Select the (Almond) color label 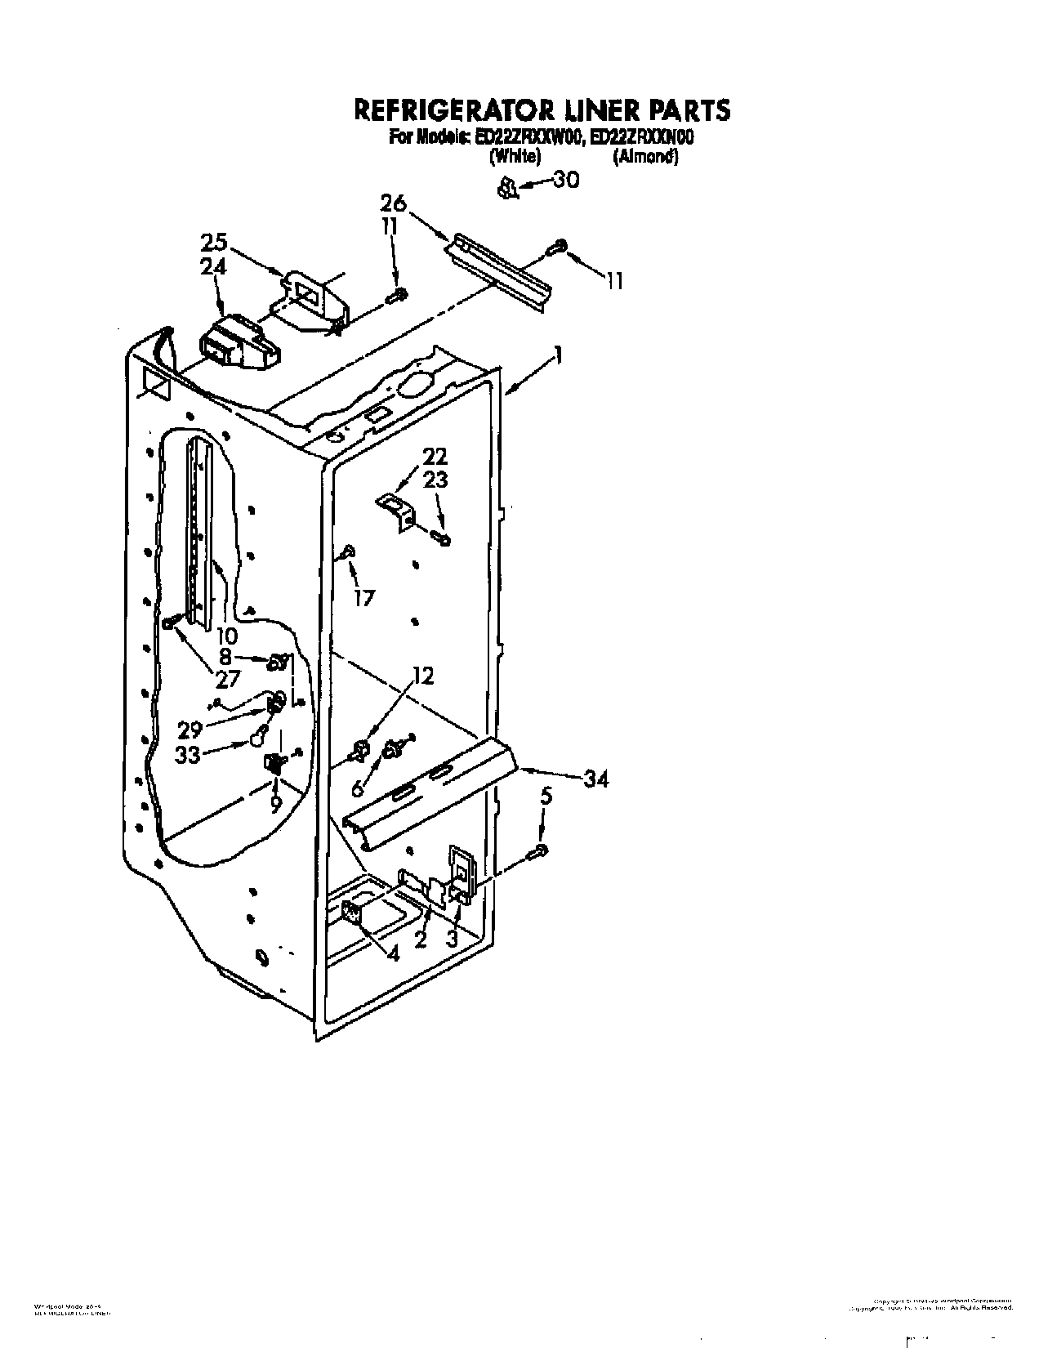click(645, 158)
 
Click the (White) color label click(513, 158)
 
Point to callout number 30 click(565, 181)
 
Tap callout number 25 click(214, 243)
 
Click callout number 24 click(214, 267)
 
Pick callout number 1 click(557, 355)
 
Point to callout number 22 click(435, 456)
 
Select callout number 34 click(595, 780)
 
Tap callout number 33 click(189, 755)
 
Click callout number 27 click(227, 679)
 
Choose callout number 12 click(422, 676)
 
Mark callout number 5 click(546, 795)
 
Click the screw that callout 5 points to click(539, 852)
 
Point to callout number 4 click(394, 953)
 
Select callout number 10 click(227, 636)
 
